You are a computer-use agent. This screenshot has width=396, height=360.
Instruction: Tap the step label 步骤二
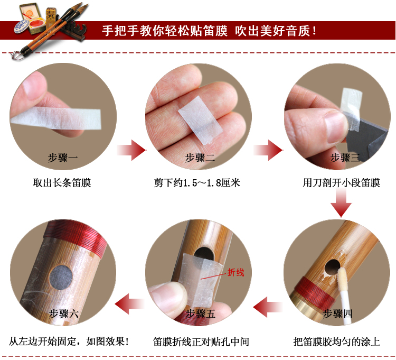click(x=200, y=158)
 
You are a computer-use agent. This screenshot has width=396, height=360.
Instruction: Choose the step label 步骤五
click(x=200, y=313)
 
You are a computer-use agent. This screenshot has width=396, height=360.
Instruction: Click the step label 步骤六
click(x=63, y=313)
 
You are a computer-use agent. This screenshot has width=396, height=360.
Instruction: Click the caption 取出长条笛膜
click(x=62, y=183)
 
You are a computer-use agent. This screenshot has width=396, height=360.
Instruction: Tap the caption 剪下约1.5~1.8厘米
click(x=197, y=183)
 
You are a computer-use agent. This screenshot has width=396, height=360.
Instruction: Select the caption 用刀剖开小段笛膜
click(x=341, y=183)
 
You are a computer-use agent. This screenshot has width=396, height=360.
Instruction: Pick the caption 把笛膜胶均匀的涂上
click(x=336, y=341)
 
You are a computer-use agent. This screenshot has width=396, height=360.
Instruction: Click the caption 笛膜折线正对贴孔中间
click(x=201, y=341)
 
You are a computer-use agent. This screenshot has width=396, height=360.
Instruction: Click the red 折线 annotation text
click(x=235, y=273)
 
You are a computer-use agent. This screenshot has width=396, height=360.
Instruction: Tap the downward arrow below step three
click(x=341, y=204)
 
